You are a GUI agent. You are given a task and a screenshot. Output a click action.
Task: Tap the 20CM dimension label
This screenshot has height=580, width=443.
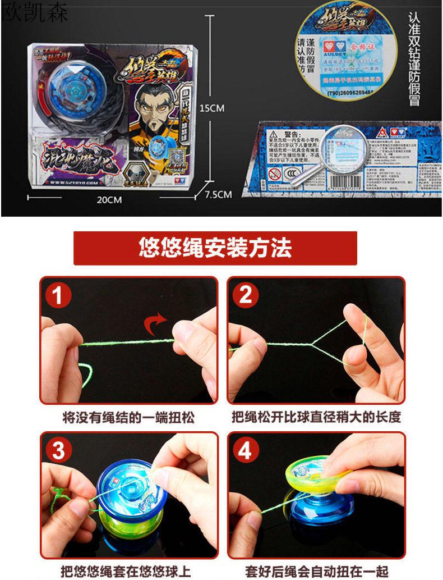pos(109,199)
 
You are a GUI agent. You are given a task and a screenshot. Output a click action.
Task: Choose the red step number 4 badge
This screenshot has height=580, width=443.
pos(246,450)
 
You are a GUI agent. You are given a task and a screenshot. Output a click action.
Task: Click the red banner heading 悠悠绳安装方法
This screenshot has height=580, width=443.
pos(215,248)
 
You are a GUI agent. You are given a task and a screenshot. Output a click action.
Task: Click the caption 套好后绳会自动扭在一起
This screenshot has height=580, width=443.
pos(316,571)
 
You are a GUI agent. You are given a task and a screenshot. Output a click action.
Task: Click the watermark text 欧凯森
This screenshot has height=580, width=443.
pos(34,12)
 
